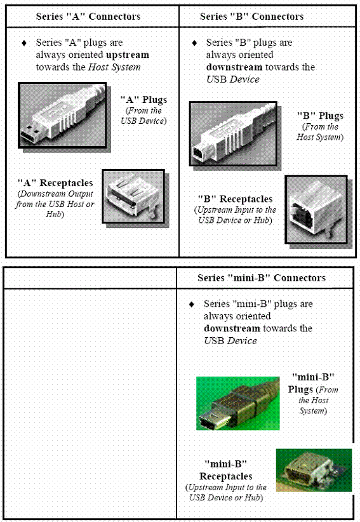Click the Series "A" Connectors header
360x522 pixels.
[88, 17]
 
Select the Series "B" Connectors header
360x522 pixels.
[251, 17]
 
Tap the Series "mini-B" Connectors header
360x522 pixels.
[262, 278]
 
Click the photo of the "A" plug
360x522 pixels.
[62, 115]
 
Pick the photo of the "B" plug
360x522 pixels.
[233, 133]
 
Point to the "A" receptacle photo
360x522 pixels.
[133, 196]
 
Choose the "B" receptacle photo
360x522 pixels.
[316, 210]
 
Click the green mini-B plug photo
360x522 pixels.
[238, 403]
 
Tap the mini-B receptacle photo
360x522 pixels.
[314, 470]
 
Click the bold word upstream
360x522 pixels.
[128, 55]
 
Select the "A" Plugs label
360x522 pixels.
[143, 100]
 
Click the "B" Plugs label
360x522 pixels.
[320, 116]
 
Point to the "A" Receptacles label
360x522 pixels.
[55, 183]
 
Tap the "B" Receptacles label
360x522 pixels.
[235, 199]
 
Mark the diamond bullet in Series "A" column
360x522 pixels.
[24, 43]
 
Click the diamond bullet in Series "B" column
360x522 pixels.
[194, 43]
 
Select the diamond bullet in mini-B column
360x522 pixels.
[192, 304]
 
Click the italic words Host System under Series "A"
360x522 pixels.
[114, 67]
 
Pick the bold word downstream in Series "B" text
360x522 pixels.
[234, 67]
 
